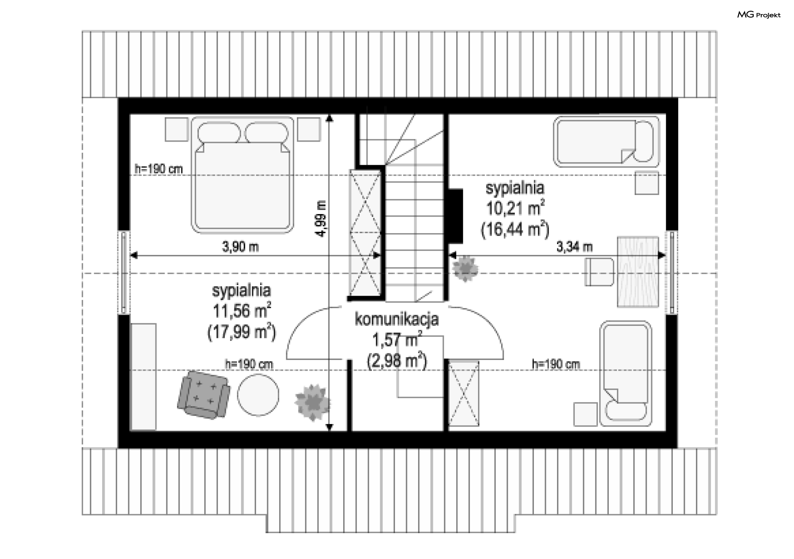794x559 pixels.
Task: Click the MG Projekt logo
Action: point(759,15)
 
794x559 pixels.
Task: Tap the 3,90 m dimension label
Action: point(240,247)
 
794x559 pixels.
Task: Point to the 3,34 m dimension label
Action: point(574,247)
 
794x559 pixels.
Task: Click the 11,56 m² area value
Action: point(242,310)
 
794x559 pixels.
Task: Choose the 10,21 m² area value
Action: point(515,208)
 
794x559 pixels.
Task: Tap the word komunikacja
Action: point(397,319)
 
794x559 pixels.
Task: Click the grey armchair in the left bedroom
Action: point(203,395)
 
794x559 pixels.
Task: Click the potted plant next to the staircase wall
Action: point(465,269)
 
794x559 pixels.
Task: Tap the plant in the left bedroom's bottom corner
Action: point(313,402)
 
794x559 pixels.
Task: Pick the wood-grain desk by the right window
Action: point(638,272)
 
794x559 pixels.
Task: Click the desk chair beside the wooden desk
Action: point(599,272)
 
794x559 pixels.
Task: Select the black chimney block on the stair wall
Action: point(456,216)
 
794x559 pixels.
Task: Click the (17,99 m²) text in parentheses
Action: point(242,332)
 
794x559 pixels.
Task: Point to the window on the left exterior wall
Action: point(124,272)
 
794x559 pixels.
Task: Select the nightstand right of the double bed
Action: point(309,129)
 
